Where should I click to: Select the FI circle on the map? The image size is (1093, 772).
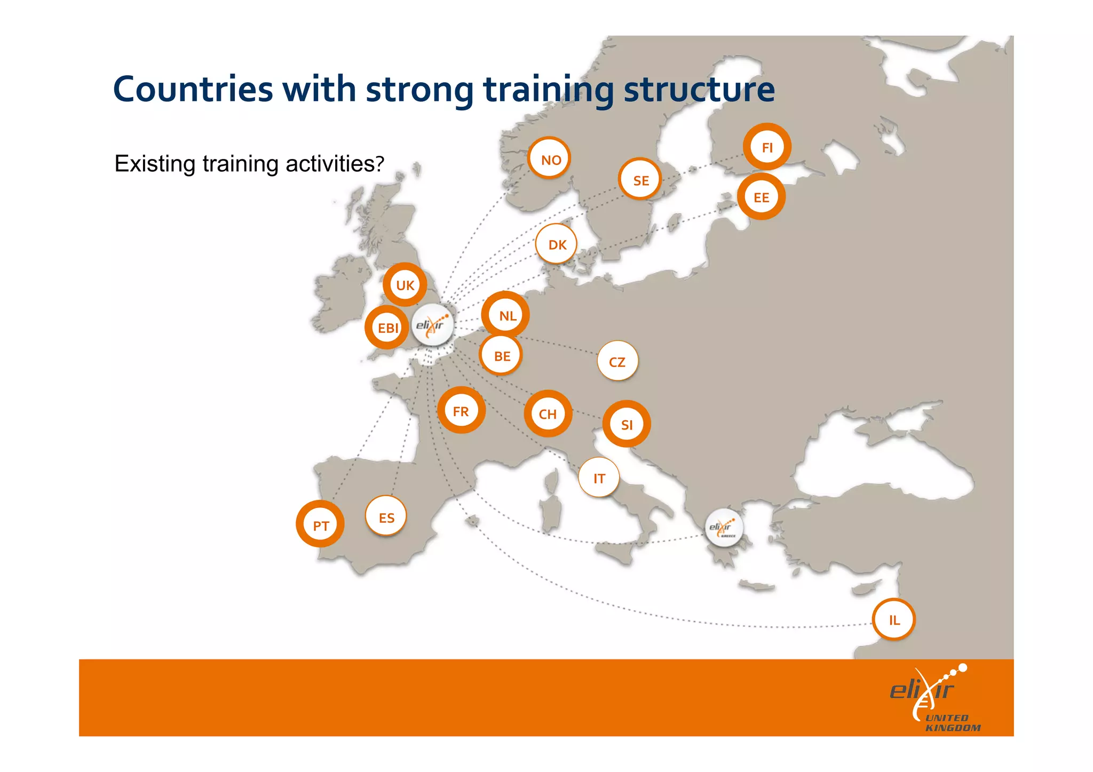[x=767, y=147]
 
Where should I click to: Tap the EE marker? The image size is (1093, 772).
[x=761, y=197]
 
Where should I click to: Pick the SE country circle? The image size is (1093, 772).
[x=640, y=180]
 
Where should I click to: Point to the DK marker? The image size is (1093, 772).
[x=557, y=244]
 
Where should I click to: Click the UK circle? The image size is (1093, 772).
[x=405, y=285]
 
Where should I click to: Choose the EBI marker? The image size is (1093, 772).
[x=387, y=328]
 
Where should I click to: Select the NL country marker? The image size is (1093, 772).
[x=506, y=315]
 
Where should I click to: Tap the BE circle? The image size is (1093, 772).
[x=501, y=355]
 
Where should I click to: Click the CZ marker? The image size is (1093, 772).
[x=617, y=361]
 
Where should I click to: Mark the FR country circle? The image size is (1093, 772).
[x=461, y=411]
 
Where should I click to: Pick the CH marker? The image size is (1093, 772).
[x=548, y=413]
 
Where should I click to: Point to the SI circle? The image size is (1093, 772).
[x=627, y=424]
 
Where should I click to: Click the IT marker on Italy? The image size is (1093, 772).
[x=599, y=477]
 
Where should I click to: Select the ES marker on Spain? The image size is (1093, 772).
[x=386, y=516]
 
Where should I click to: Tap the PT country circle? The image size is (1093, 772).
[x=320, y=525]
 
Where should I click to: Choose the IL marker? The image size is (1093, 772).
[x=894, y=619]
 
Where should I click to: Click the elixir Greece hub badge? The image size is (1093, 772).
[x=724, y=528]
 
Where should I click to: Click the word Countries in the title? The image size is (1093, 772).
[x=193, y=89]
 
